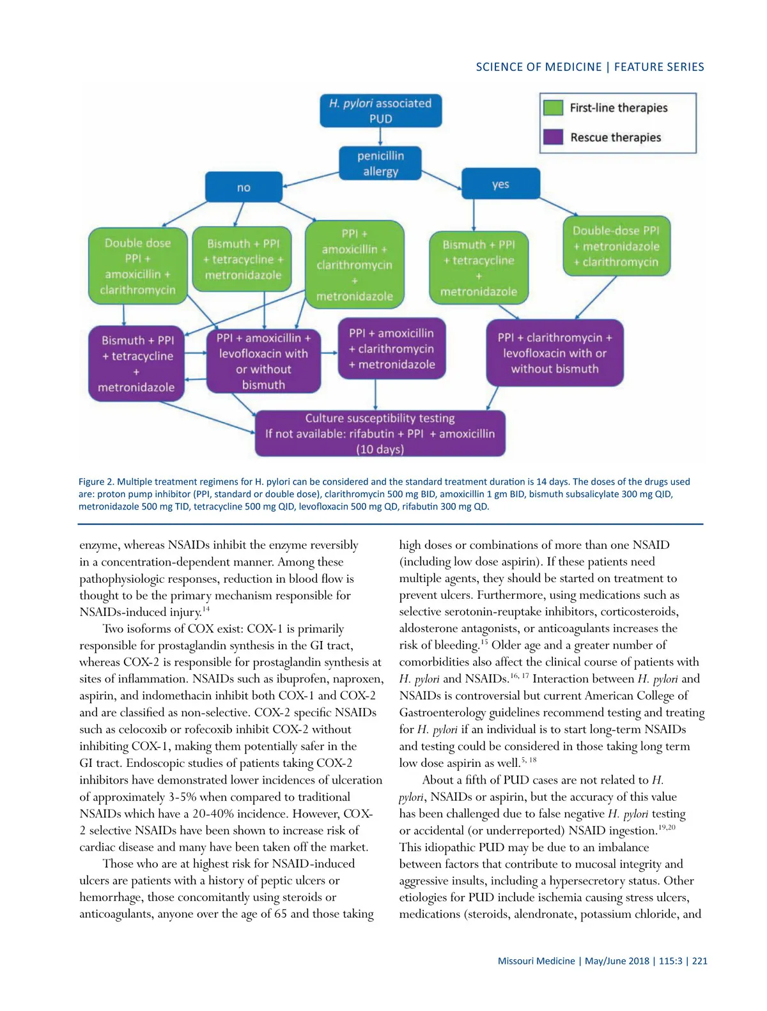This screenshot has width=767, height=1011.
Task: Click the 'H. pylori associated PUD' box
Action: pos(380,111)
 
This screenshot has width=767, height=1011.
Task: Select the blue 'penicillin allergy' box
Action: pos(380,164)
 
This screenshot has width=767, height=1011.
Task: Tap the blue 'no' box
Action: pos(244,187)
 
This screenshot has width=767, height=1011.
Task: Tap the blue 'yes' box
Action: pos(500,184)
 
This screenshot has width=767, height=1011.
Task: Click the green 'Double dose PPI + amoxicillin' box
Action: pos(138,266)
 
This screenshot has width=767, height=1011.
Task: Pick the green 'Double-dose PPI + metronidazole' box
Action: pos(616,246)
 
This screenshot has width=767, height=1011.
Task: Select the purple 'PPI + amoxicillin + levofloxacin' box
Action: pos(263,361)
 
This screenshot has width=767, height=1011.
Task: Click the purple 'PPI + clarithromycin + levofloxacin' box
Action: pos(555,353)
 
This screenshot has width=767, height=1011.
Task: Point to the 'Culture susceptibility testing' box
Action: pos(380,433)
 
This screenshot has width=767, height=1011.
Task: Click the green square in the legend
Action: pos(553,107)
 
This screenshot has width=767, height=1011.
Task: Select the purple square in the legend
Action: pos(553,137)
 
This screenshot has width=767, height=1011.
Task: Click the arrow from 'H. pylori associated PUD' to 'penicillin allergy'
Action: pos(380,136)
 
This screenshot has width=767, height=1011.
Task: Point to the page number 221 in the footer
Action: pos(700,961)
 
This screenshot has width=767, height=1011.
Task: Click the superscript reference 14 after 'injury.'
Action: pos(206,609)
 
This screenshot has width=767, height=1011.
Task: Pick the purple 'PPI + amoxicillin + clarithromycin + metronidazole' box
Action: pos(392,349)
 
